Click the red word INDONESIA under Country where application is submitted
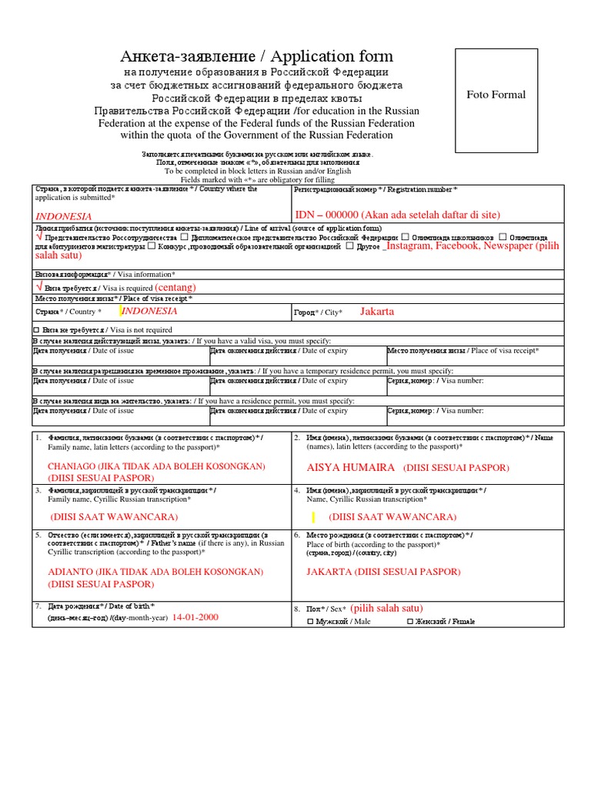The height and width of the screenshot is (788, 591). point(64,216)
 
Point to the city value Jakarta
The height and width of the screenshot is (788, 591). point(377,312)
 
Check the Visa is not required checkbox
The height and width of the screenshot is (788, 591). point(36,330)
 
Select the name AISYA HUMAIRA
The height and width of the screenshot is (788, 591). point(351,468)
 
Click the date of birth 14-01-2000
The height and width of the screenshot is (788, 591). point(195,617)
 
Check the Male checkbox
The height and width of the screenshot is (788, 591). point(310,621)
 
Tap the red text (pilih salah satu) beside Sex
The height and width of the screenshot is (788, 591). point(386,608)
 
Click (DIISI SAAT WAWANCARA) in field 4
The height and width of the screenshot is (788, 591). point(392,517)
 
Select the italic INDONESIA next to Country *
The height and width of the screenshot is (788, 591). point(149,311)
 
